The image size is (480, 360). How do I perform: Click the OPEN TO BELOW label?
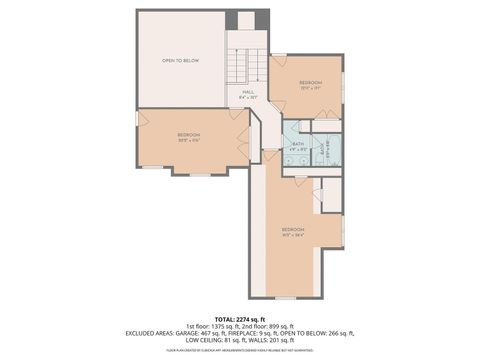[x=181, y=61]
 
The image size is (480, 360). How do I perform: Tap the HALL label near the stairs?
[x=248, y=93]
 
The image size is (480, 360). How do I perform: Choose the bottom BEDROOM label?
[x=293, y=230]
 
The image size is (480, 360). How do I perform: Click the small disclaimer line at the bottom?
[x=240, y=349]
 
